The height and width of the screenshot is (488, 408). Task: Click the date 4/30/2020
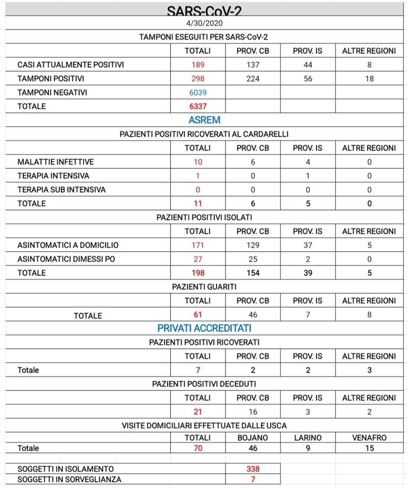204,23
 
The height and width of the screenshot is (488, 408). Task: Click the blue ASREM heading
204,120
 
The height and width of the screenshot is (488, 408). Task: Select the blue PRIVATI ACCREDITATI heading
204,328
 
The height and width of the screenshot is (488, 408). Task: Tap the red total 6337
198,106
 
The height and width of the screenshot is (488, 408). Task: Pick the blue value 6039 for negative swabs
198,93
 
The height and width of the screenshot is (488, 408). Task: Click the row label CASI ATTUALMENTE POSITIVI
71,65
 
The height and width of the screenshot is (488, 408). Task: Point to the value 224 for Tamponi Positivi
253,79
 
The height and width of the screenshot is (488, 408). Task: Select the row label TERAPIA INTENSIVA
53,176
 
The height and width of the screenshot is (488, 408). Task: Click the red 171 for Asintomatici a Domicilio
198,245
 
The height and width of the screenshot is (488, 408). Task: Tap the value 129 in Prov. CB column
253,245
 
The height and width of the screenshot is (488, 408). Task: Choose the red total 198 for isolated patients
198,273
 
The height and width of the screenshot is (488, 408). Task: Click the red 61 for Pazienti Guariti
198,315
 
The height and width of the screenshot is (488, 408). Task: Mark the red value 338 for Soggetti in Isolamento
253,469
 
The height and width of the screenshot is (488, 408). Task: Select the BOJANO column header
253,437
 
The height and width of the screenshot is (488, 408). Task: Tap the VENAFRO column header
369,437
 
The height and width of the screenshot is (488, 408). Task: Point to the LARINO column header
307,437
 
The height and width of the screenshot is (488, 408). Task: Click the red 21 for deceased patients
198,412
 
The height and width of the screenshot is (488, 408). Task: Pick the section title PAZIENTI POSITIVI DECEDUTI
204,384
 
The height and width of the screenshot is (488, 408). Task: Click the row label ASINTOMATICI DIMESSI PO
66,259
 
